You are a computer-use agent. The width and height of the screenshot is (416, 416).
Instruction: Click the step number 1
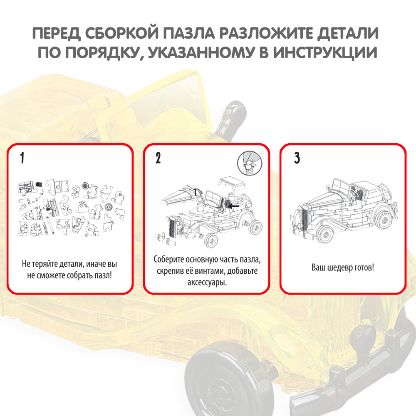[x=22, y=158]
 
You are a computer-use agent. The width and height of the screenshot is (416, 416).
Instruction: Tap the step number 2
[x=158, y=158]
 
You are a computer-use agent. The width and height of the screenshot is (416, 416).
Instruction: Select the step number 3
[x=297, y=158]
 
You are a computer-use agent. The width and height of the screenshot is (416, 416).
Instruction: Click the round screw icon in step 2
[x=247, y=163]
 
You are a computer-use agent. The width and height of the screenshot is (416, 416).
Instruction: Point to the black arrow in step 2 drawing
[x=235, y=205]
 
